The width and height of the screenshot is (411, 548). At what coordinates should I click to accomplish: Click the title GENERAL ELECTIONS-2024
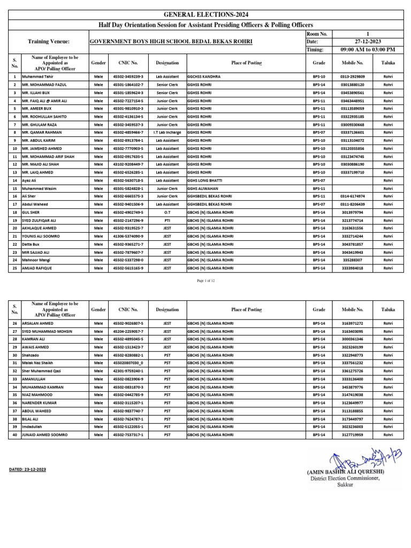tap(205, 16)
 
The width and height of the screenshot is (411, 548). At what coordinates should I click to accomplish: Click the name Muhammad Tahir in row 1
tap(36, 77)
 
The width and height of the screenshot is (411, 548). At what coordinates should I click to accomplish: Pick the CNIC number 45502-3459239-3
tap(128, 77)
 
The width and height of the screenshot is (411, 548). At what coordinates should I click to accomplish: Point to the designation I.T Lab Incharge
tap(167, 132)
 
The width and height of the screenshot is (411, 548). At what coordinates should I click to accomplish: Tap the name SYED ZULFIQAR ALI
tap(42, 220)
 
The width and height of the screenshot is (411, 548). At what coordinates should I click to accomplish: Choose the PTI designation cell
tap(167, 220)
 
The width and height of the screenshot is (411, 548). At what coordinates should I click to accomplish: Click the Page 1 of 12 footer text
tap(205, 281)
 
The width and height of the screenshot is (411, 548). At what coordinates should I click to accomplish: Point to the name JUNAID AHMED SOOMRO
tap(45, 435)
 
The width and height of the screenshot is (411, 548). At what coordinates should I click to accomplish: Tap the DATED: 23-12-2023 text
tap(28, 469)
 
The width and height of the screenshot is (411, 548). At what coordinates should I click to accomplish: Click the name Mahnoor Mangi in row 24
tap(36, 260)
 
